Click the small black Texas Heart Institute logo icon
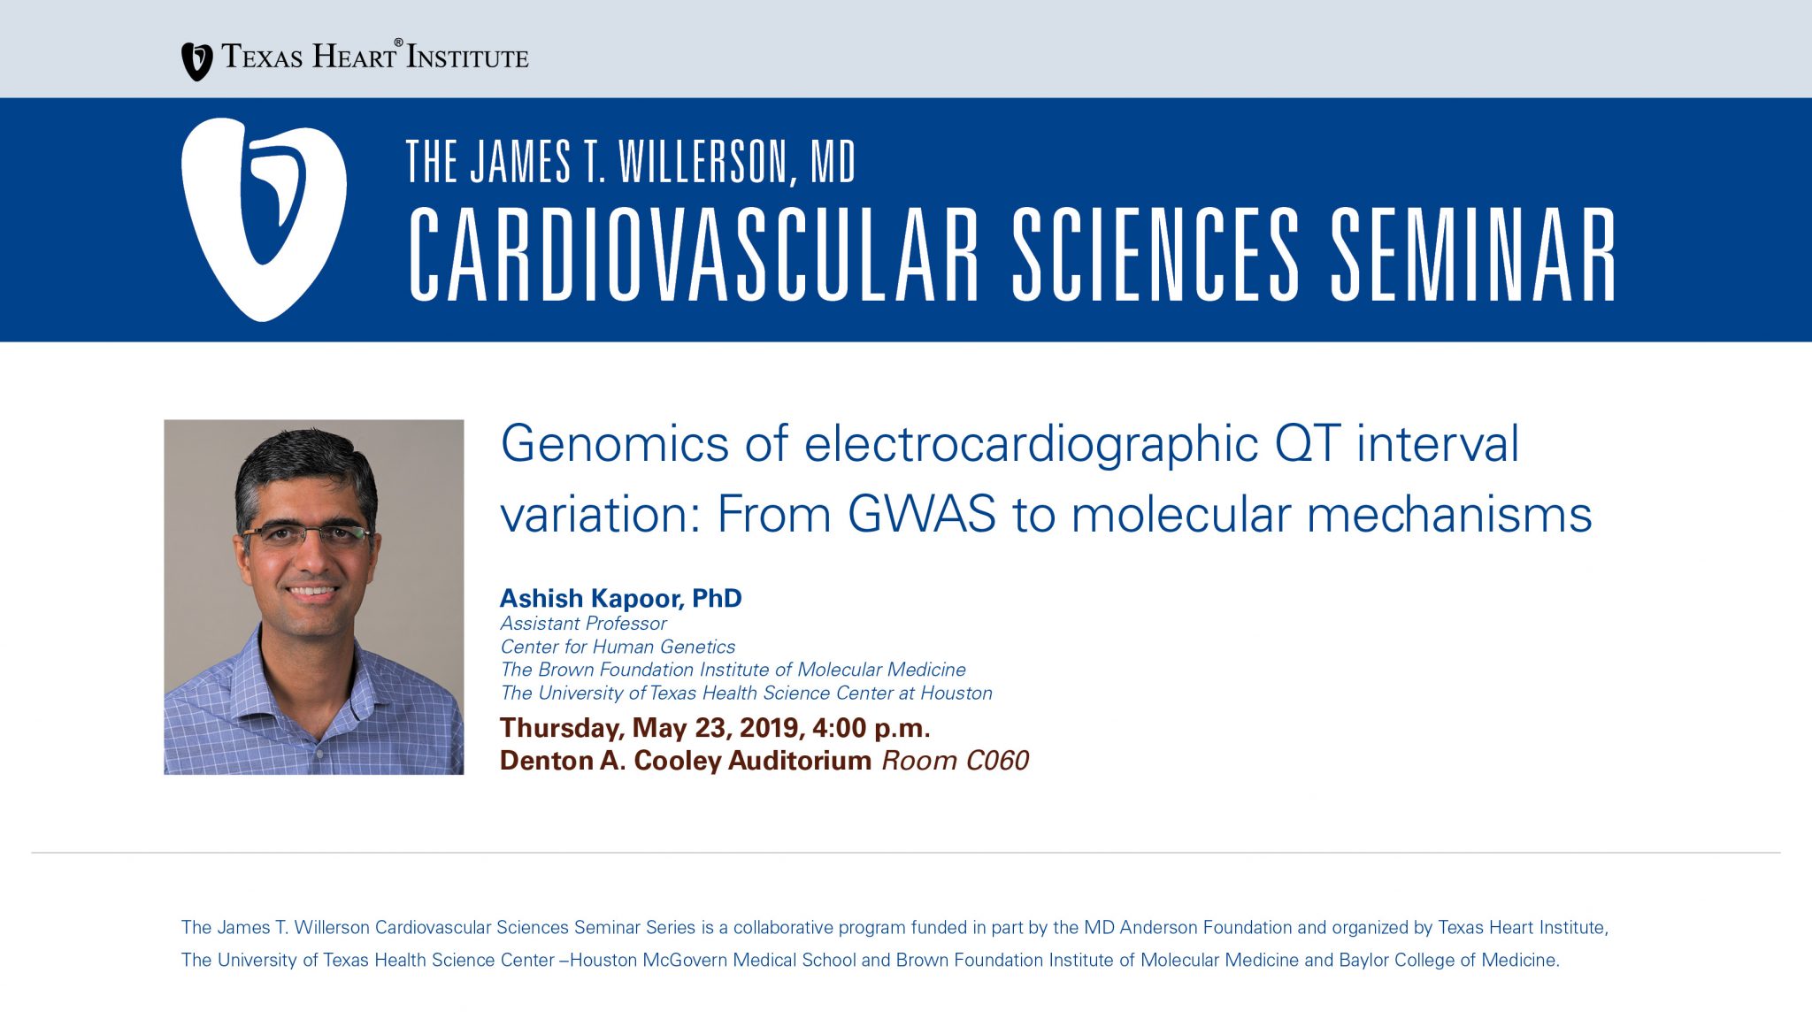tap(196, 62)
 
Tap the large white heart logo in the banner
tap(264, 219)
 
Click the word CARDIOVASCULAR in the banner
tap(694, 256)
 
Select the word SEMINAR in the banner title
tap(1474, 256)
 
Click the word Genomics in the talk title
tap(615, 445)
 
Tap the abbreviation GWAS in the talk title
tap(922, 514)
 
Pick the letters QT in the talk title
tap(1308, 443)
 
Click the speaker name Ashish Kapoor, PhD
tap(620, 599)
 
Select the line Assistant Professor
tap(583, 624)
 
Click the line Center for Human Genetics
tap(618, 647)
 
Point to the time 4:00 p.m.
tap(871, 728)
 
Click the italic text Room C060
tap(955, 761)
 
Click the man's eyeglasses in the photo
tap(308, 533)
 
